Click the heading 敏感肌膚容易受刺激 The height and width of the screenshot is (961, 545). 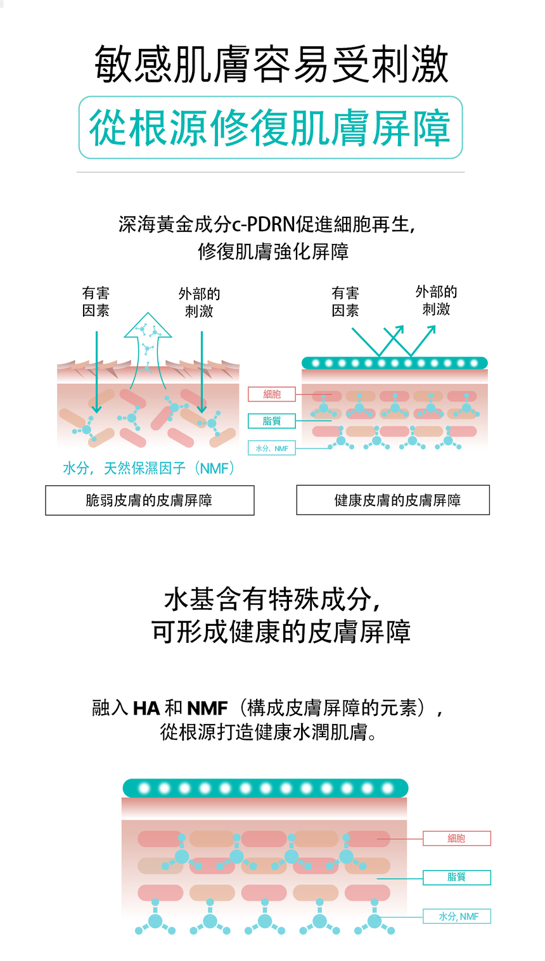(272, 64)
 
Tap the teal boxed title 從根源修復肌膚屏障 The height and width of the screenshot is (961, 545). (271, 127)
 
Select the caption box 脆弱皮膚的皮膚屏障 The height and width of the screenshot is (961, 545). (150, 500)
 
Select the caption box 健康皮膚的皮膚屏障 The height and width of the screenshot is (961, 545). (393, 500)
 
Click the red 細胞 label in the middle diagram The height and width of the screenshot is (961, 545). (272, 394)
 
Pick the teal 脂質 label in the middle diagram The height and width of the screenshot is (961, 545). (272, 421)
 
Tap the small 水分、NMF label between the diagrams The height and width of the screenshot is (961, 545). (272, 449)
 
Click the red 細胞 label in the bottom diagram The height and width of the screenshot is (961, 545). (456, 838)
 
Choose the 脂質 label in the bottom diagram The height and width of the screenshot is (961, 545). (456, 877)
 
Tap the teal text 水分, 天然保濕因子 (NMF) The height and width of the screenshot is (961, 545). (150, 468)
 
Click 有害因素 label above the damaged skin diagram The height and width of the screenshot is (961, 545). (96, 302)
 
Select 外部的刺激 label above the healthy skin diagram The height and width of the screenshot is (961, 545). (436, 300)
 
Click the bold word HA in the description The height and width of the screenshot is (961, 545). (146, 708)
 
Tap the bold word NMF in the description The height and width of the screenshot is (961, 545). (207, 708)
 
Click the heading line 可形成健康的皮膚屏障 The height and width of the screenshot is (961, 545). (281, 632)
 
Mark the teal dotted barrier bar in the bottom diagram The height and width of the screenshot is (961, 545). (265, 788)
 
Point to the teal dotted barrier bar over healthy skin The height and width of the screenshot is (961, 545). (394, 363)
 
